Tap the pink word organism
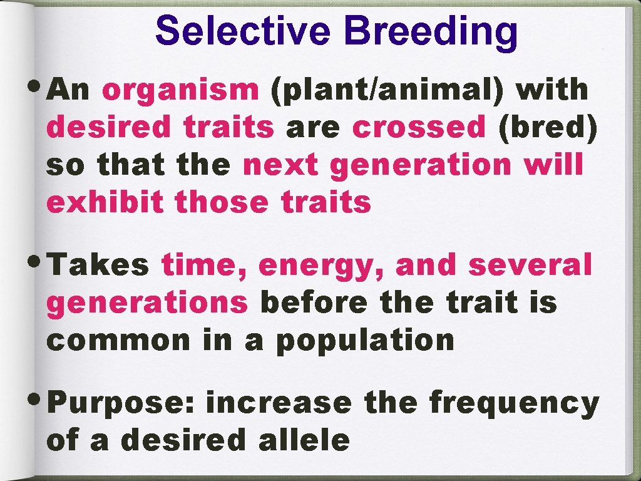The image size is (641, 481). [x=180, y=91]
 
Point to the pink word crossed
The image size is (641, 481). [x=419, y=128]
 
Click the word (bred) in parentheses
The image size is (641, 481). [x=547, y=128]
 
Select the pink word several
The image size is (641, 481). [x=530, y=266]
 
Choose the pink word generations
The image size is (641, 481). [x=148, y=303]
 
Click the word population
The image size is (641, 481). [x=366, y=342]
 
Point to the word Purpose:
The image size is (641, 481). [x=122, y=405]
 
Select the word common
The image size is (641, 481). [x=119, y=341]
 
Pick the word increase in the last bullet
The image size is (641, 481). [x=279, y=403]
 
